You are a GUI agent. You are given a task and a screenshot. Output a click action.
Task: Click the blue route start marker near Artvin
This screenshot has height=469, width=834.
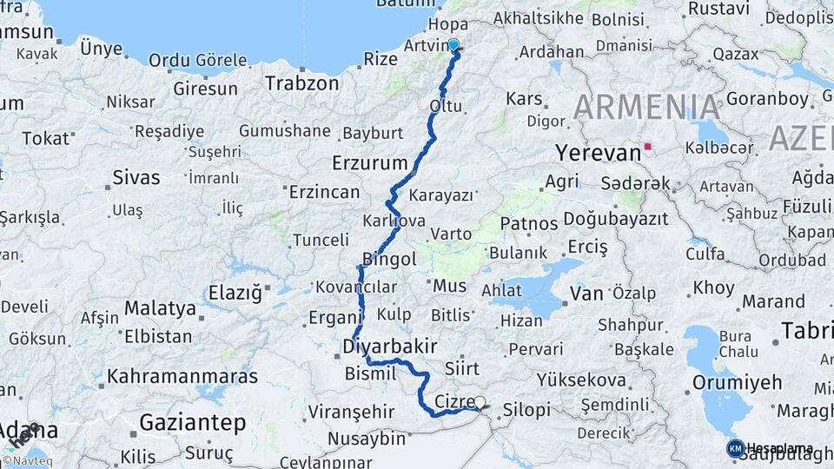pyautogui.click(x=453, y=44)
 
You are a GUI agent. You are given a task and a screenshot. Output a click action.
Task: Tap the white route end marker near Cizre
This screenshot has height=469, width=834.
pyautogui.click(x=480, y=402)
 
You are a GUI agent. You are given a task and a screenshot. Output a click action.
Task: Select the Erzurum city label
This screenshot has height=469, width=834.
pyautogui.click(x=369, y=162)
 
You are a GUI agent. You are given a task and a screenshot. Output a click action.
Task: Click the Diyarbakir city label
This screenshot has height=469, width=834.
pyautogui.click(x=389, y=346)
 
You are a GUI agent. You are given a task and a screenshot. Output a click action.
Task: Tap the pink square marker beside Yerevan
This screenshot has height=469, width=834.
pyautogui.click(x=647, y=147)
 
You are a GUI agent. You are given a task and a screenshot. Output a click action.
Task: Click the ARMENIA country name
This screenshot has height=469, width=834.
pyautogui.click(x=646, y=108)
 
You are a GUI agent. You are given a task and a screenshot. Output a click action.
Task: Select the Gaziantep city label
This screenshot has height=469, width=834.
pyautogui.click(x=192, y=422)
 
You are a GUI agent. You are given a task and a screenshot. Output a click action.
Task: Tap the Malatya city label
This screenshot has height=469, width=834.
pyautogui.click(x=160, y=308)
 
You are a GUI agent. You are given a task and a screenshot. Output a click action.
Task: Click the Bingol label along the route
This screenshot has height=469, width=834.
pyautogui.click(x=390, y=259)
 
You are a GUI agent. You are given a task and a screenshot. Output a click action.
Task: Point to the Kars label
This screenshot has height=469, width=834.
pyautogui.click(x=524, y=99)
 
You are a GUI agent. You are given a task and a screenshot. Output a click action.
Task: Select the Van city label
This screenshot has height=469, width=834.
pyautogui.click(x=586, y=294)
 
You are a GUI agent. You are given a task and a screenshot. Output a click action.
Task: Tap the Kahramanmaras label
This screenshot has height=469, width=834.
pyautogui.click(x=182, y=377)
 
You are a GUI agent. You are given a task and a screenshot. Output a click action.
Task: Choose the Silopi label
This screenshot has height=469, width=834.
pyautogui.click(x=526, y=409)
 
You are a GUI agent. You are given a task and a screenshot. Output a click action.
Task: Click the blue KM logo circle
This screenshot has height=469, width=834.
pyautogui.click(x=736, y=448)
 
